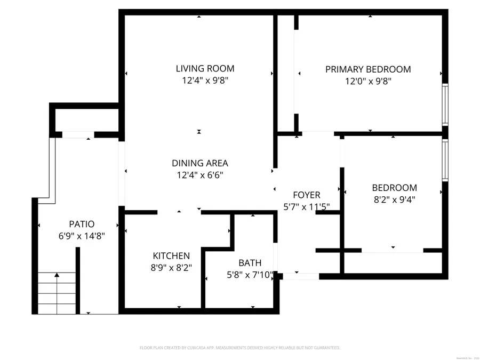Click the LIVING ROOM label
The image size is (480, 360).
pyautogui.click(x=205, y=68)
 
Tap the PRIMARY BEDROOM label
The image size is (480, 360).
pyautogui.click(x=368, y=69)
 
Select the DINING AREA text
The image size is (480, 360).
pyautogui.click(x=199, y=163)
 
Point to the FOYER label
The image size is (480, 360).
pyautogui.click(x=307, y=195)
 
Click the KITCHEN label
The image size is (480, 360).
pyautogui.click(x=171, y=255)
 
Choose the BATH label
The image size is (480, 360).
pyautogui.click(x=250, y=263)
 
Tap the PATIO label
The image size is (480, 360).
pyautogui.click(x=82, y=224)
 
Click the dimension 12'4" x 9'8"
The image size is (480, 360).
pyautogui.click(x=205, y=81)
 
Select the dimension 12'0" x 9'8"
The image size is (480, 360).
pyautogui.click(x=368, y=82)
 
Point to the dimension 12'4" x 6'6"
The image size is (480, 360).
pyautogui.click(x=199, y=175)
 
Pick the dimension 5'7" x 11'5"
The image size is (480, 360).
pyautogui.click(x=307, y=206)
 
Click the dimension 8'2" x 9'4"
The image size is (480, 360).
pyautogui.click(x=394, y=200)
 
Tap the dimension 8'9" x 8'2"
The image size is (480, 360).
pyautogui.click(x=171, y=268)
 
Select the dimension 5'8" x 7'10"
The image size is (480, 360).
pyautogui.click(x=250, y=275)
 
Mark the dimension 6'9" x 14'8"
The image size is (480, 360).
pyautogui.click(x=82, y=236)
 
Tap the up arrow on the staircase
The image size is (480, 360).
pyautogui.click(x=57, y=275)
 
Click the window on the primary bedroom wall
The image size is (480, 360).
pyautogui.click(x=445, y=104)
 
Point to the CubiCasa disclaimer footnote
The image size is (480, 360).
pyautogui.click(x=239, y=348)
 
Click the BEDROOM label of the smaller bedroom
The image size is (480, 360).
pyautogui.click(x=394, y=188)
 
